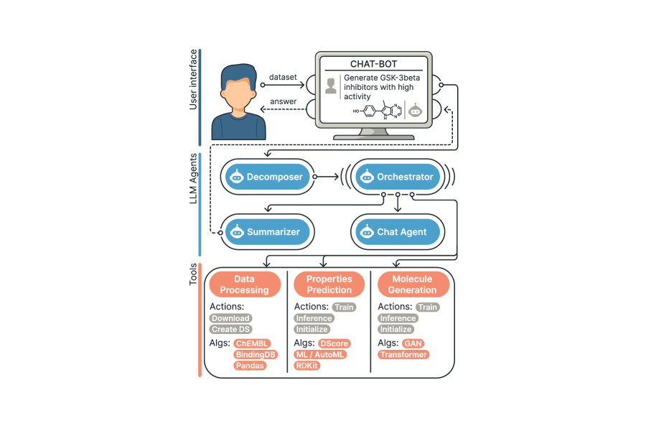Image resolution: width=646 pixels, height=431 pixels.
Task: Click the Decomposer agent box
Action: point(266,177)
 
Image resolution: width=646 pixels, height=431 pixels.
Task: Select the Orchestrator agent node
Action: point(397,177)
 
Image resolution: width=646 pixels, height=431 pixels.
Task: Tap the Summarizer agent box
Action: point(266,232)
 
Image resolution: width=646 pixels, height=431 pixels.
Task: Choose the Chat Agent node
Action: point(397,232)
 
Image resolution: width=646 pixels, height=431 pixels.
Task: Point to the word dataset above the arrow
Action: point(283,77)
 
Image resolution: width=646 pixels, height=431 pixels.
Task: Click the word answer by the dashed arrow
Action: point(283,101)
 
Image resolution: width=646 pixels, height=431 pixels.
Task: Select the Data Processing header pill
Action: point(244,284)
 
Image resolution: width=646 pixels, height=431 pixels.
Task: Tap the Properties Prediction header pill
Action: point(329,284)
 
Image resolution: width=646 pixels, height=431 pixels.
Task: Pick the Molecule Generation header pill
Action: point(413,284)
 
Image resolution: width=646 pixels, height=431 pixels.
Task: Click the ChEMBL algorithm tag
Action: point(251,344)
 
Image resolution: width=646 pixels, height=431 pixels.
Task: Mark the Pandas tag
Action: point(250,366)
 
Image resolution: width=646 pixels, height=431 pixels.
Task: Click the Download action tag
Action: point(230,318)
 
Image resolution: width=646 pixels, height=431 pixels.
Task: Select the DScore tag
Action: point(333,344)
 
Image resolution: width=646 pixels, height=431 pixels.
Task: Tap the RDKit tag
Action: point(307,366)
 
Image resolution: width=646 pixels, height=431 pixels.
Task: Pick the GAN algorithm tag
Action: point(413,344)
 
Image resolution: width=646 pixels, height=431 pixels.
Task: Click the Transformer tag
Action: point(403,355)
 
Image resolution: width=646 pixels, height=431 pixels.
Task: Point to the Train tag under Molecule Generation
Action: point(428,307)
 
